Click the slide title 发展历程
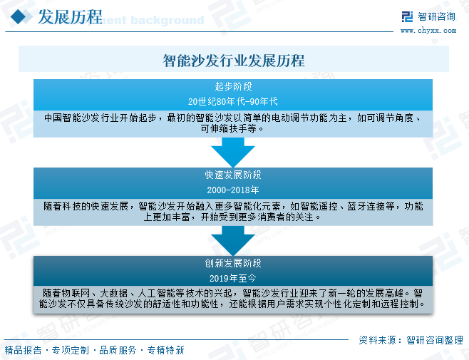click(x=68, y=17)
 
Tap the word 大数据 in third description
click(x=115, y=292)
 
